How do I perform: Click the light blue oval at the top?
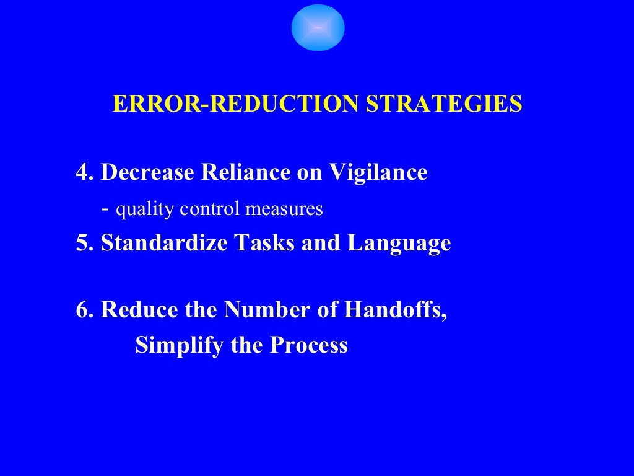point(318,27)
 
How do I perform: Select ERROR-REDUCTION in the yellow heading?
point(235,104)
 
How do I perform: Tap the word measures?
point(284,209)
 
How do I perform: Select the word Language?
point(399,243)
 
